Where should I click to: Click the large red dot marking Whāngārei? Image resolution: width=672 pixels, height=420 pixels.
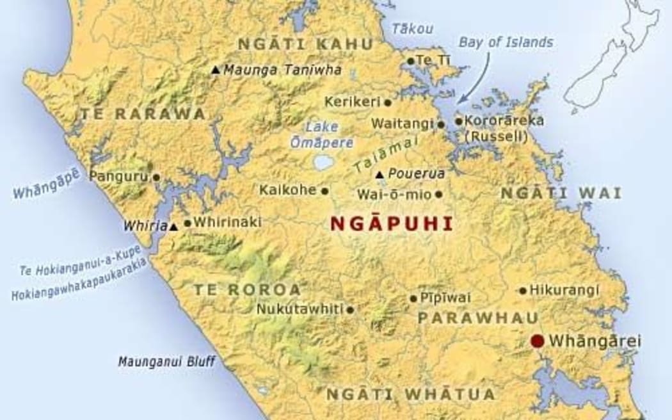pos(538,341)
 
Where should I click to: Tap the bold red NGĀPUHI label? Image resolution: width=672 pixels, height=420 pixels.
pos(390,223)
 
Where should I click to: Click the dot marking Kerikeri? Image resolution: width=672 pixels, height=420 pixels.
pos(387,102)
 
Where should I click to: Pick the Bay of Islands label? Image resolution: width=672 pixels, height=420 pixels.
pos(506,43)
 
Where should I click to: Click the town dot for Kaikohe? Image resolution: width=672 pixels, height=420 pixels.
pos(324,190)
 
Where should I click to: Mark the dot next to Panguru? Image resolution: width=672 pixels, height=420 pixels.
pos(156,177)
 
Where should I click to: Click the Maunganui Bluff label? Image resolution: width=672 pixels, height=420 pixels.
pos(166,362)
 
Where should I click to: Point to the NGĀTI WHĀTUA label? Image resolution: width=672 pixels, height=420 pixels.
pos(411,394)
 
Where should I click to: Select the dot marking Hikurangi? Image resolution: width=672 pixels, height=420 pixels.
pos(523,291)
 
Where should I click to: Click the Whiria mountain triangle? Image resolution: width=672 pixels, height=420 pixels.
pos(173,226)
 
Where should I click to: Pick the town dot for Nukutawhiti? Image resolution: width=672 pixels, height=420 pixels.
pos(350,310)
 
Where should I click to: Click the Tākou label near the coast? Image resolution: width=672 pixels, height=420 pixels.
pos(412,29)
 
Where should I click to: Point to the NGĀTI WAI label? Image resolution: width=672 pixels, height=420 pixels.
pos(561,193)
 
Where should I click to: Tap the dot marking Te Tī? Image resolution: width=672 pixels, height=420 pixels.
pos(411,61)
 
